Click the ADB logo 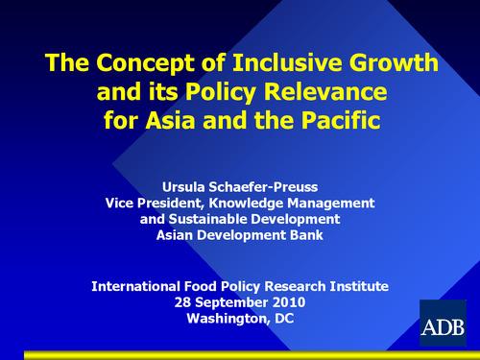click(x=443, y=324)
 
